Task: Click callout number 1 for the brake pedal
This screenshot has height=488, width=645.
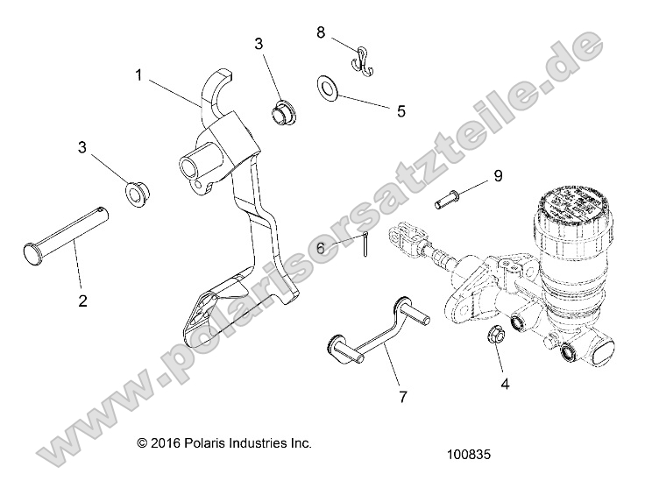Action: click(x=138, y=75)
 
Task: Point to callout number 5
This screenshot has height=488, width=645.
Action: click(x=401, y=111)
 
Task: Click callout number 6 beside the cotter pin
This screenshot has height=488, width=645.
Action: click(x=321, y=249)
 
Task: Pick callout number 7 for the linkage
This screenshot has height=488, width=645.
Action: click(x=402, y=397)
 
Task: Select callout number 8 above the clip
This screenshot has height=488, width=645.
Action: click(x=321, y=32)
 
